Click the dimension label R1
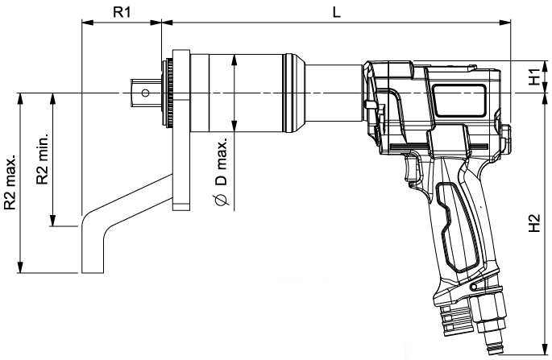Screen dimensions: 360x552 [x=122, y=12]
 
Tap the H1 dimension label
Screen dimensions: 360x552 [x=533, y=77]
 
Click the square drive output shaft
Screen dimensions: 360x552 [x=146, y=93]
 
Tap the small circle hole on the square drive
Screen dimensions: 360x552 [x=145, y=93]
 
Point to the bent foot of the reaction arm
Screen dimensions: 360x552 [x=93, y=242]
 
